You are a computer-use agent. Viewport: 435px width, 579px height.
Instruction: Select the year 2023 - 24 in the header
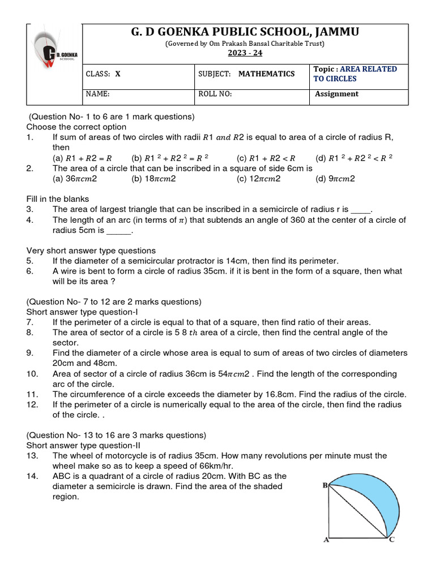click(245, 53)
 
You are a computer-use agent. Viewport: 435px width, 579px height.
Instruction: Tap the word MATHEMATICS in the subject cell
click(266, 74)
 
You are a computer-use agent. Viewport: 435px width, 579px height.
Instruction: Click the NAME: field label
click(97, 94)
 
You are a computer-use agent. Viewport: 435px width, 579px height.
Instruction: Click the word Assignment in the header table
click(336, 94)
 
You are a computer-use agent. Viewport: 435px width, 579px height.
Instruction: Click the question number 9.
click(29, 353)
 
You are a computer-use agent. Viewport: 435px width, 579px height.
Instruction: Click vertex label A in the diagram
click(326, 540)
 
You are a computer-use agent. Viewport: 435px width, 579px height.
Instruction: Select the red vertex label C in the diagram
click(391, 540)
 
